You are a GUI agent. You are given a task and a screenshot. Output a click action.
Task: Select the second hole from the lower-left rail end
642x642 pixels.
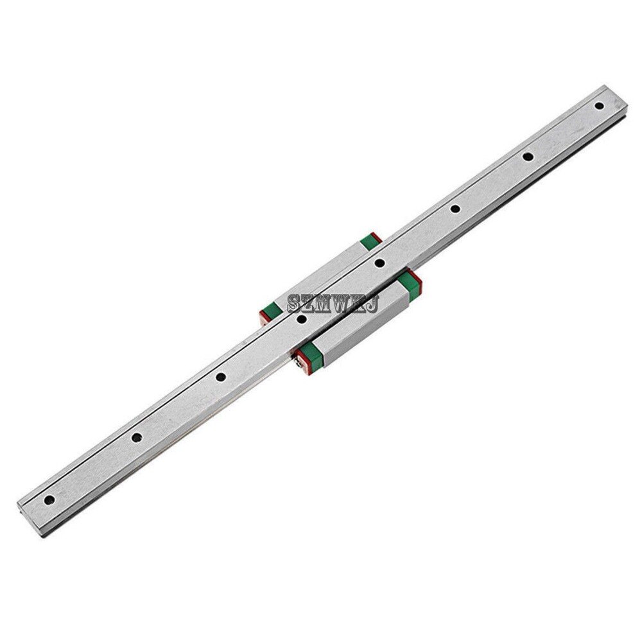[x=136, y=437]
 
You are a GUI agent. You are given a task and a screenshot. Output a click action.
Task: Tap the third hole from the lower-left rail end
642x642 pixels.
[x=220, y=377]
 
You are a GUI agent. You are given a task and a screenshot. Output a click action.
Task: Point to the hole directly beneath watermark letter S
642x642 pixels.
[x=302, y=317]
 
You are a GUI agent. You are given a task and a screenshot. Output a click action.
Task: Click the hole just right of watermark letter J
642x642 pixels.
[x=379, y=261]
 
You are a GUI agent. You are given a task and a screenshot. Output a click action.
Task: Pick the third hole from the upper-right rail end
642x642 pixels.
[x=454, y=207]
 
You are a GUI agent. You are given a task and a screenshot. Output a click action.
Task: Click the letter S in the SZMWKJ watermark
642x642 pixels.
[x=294, y=300]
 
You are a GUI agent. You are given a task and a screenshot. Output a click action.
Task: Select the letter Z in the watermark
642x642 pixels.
[x=308, y=300]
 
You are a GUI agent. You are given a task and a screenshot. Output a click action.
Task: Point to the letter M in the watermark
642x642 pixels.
[x=323, y=300]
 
